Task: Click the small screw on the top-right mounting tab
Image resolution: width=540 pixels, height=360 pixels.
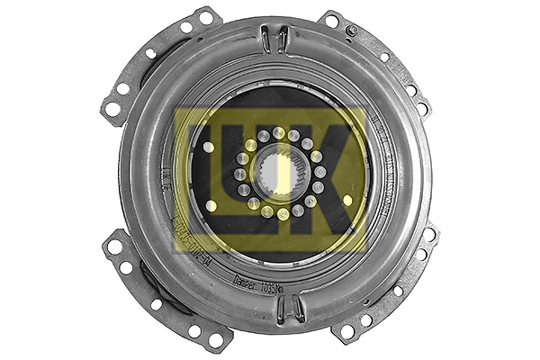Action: tap(352, 30)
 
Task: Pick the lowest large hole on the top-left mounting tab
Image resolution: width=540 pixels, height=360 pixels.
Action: tap(113, 109)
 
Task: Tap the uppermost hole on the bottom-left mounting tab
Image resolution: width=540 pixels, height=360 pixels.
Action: tap(114, 245)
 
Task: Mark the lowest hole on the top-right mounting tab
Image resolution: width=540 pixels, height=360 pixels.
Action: tap(422, 109)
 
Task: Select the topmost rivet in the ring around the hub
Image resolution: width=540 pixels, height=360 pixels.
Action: tap(279, 132)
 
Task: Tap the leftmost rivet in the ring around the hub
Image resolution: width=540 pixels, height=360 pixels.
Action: tap(239, 174)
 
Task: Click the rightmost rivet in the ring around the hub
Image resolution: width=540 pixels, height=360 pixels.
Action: tap(320, 172)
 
